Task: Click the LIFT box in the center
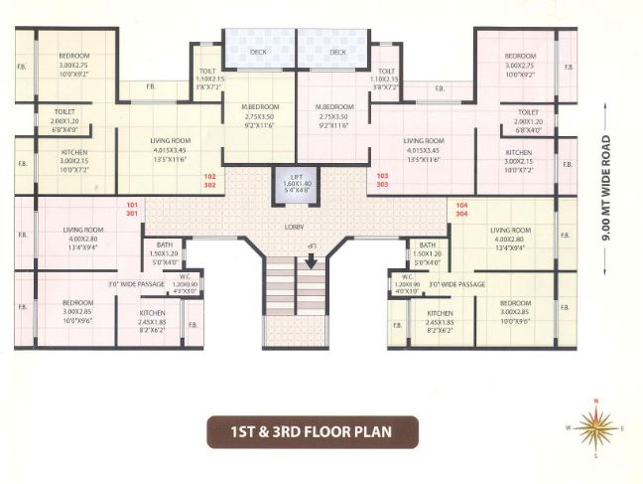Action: (295, 187)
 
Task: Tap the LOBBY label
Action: (295, 227)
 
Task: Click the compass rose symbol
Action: (595, 427)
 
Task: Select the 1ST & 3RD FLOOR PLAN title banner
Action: (312, 432)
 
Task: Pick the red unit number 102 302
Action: (209, 180)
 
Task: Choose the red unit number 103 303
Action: (382, 180)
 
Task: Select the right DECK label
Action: (338, 52)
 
